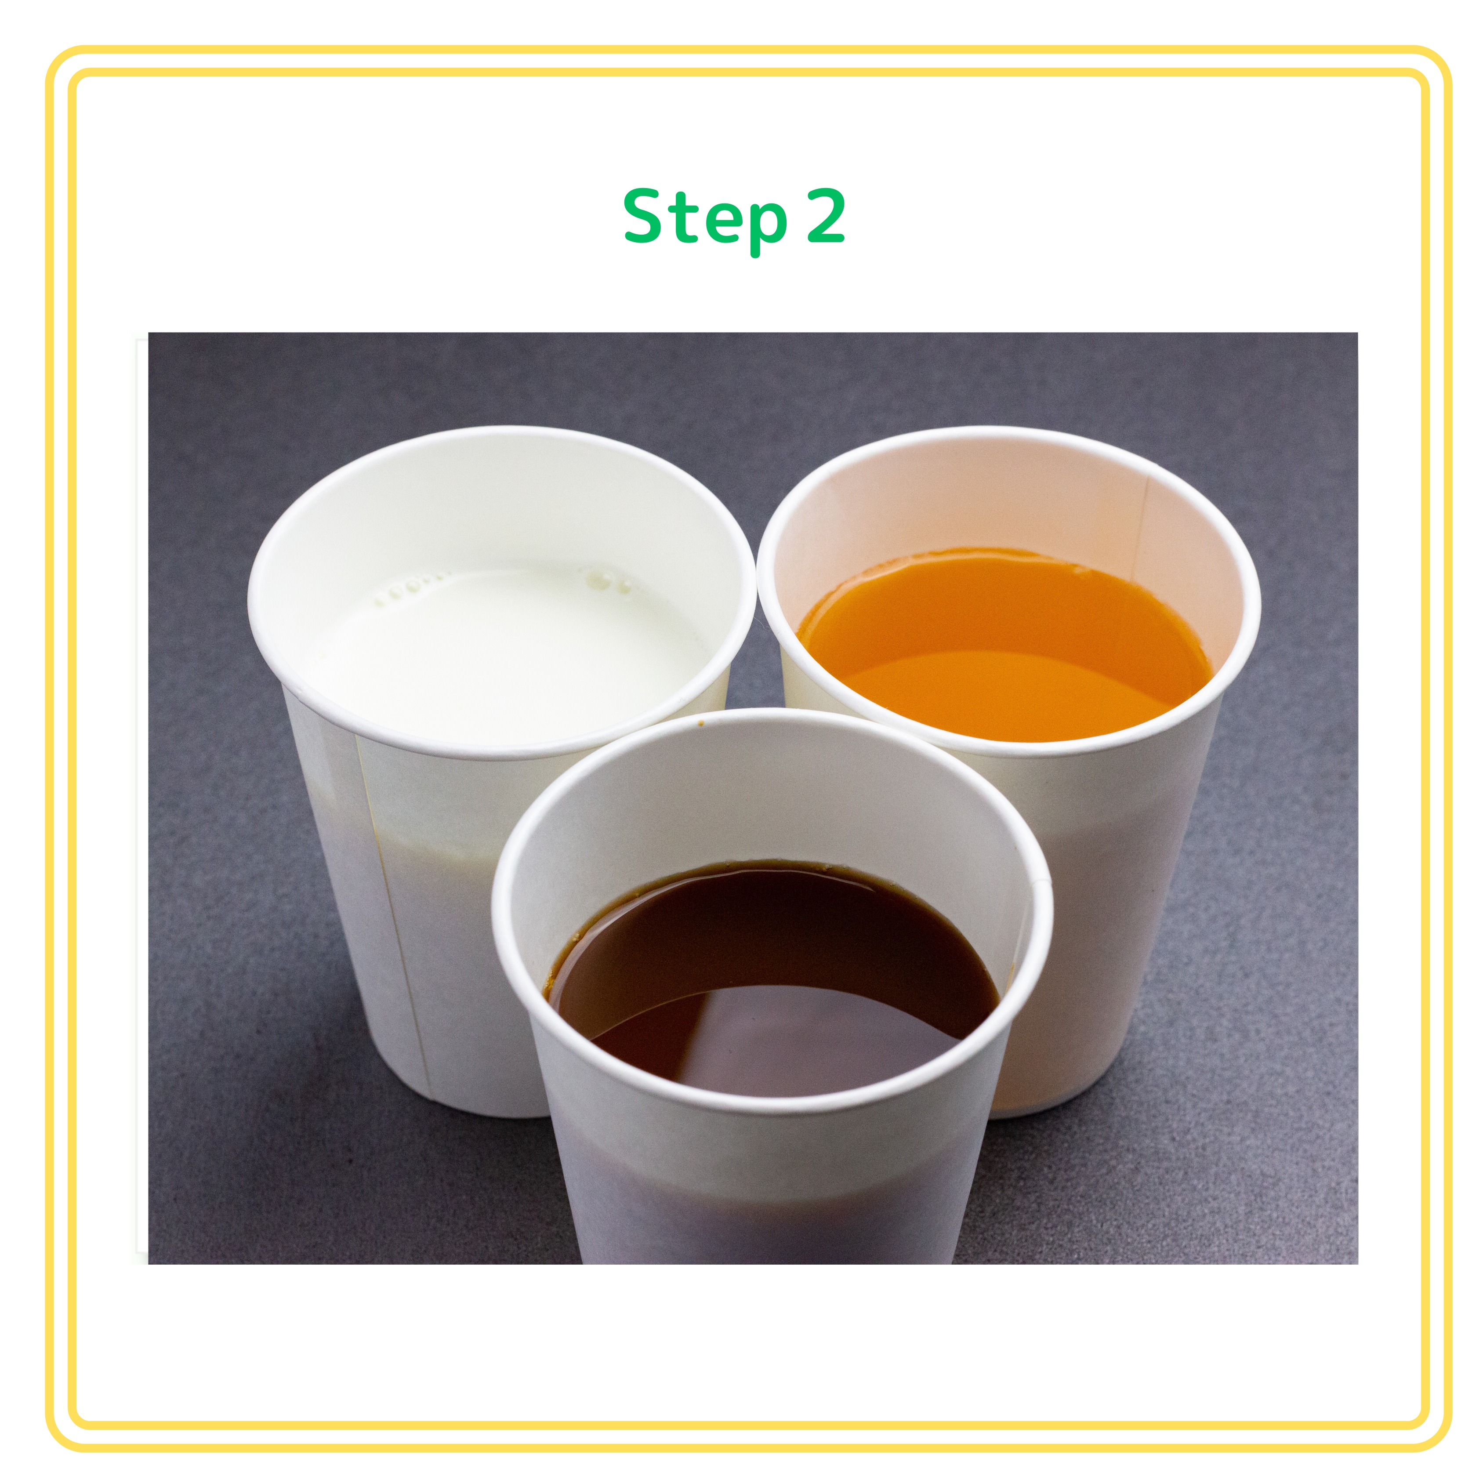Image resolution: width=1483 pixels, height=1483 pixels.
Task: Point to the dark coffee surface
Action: click(775, 975)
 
